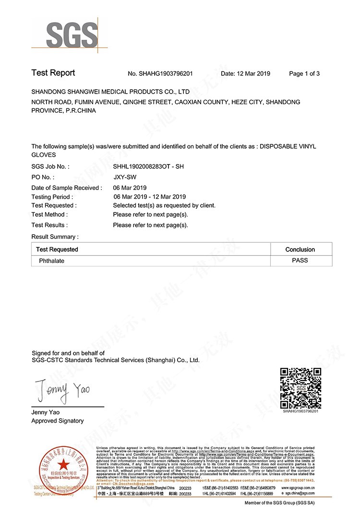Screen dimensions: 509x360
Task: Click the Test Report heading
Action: (x=53, y=73)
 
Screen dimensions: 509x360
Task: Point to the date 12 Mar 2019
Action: (x=252, y=74)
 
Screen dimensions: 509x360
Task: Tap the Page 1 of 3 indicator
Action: (x=304, y=74)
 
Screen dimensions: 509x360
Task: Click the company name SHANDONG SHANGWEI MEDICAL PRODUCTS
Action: (x=110, y=91)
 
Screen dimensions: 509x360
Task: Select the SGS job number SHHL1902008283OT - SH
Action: (x=148, y=166)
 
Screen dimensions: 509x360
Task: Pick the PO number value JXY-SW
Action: (x=121, y=177)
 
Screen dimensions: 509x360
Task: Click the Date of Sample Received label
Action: (x=67, y=188)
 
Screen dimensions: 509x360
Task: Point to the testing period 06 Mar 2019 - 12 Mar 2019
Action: (x=149, y=197)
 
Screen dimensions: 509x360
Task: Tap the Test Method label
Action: (x=49, y=214)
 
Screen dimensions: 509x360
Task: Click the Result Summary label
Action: (x=55, y=237)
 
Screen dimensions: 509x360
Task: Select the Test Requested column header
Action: (x=57, y=249)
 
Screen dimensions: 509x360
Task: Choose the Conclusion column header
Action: (x=300, y=249)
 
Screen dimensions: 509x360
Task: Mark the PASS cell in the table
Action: (x=300, y=260)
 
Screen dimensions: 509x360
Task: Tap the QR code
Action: (x=300, y=388)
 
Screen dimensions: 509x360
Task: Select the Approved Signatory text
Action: (x=58, y=421)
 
